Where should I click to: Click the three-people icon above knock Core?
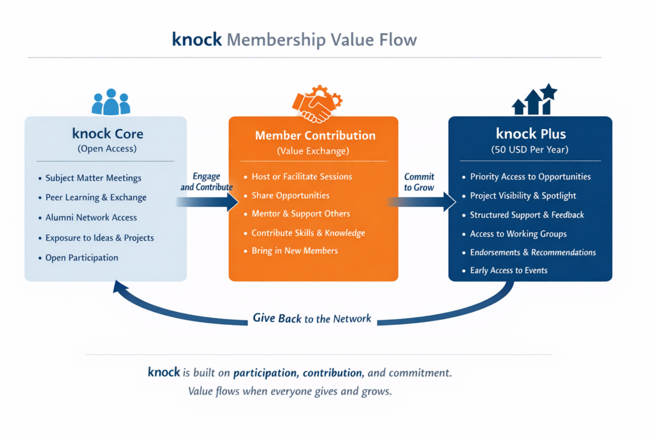[111, 102]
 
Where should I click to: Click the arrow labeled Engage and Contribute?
[207, 202]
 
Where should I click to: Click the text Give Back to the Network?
[312, 318]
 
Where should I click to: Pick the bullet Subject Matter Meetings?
[93, 178]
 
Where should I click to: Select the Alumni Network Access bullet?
[91, 218]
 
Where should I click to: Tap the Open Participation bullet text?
[82, 258]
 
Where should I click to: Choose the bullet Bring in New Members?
[295, 250]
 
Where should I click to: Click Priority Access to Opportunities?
[530, 177]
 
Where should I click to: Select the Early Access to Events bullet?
[508, 270]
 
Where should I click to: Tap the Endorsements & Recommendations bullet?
[532, 252]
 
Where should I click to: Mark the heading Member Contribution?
[315, 135]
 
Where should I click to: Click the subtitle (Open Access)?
[107, 149]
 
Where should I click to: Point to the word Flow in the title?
[397, 40]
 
